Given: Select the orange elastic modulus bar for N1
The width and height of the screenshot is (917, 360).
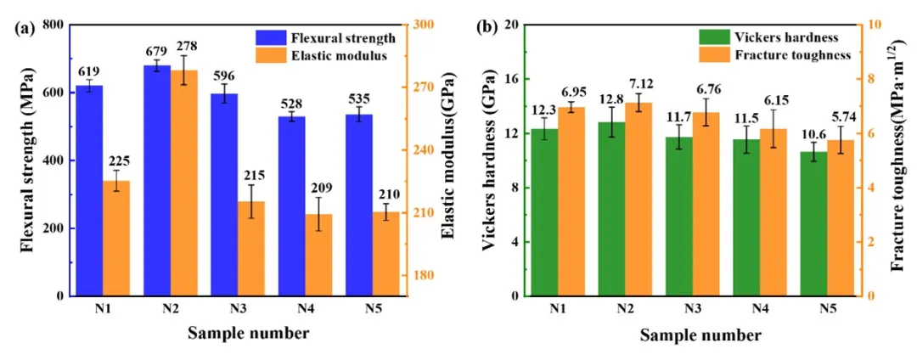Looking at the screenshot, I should (x=115, y=238).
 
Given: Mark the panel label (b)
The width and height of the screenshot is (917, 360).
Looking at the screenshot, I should (x=487, y=27).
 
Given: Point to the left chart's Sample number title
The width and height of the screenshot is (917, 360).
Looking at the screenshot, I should (x=248, y=334).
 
